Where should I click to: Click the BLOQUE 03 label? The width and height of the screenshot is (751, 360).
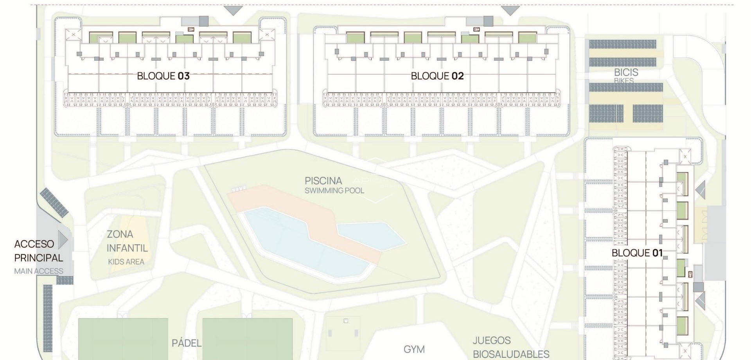[x=163, y=76]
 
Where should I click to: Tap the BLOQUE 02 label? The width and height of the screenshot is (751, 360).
[x=437, y=76]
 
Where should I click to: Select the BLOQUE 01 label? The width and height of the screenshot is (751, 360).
[x=637, y=253]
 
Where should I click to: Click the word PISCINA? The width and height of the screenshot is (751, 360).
[x=323, y=181]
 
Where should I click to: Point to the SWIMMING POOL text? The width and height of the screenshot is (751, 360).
[x=334, y=191]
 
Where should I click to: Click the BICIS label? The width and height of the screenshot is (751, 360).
[x=626, y=72]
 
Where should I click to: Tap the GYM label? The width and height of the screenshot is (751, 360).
[x=414, y=349]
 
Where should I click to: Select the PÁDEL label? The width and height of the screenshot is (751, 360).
[x=187, y=343]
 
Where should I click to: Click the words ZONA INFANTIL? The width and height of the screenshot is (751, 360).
[x=127, y=241]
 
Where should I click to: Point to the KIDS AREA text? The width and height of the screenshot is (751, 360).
[x=126, y=262]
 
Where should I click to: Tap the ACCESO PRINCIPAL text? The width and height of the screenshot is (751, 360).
[x=38, y=251]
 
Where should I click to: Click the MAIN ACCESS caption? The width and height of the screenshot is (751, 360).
[x=38, y=271]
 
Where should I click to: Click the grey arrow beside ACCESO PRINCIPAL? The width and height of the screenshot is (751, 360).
[x=63, y=240]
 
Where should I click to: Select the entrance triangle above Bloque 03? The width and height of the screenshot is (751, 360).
[x=233, y=11]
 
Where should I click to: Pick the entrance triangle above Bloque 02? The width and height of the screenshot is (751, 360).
[x=510, y=11]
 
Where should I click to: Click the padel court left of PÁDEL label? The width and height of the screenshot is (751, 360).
[x=123, y=339]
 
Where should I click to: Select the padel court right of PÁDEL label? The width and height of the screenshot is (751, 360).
[x=247, y=339]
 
